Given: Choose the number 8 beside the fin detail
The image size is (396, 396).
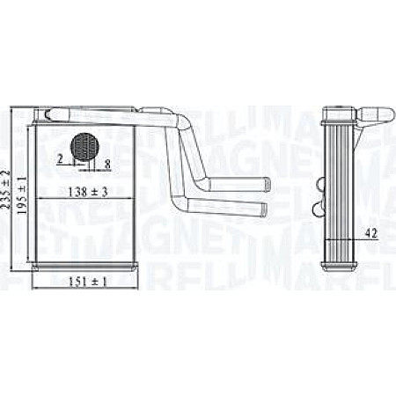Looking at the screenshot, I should pos(107,163).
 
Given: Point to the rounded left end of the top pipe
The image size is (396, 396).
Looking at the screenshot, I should pos(44,112).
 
